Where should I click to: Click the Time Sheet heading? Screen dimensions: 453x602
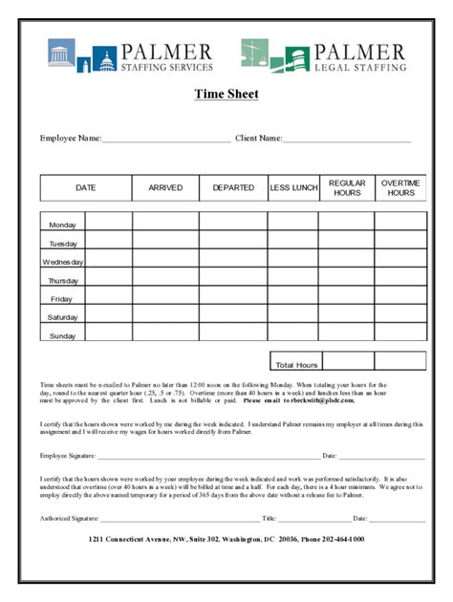point(226,94)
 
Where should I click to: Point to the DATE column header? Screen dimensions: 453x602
point(86,188)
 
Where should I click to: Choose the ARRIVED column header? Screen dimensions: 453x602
point(165,188)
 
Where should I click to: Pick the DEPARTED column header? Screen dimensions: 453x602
point(233,188)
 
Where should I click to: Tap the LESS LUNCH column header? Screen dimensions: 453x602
point(293,188)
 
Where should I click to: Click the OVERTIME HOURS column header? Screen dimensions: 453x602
point(400,188)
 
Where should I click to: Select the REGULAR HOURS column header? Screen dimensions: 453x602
point(347,188)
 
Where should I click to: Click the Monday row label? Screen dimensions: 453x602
point(62,226)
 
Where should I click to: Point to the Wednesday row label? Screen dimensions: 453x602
point(62,262)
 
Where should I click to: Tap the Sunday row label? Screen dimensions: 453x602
point(62,336)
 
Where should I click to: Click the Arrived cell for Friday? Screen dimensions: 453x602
point(165,299)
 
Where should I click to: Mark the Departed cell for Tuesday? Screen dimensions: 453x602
point(233,244)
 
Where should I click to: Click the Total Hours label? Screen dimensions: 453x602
point(295,365)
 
